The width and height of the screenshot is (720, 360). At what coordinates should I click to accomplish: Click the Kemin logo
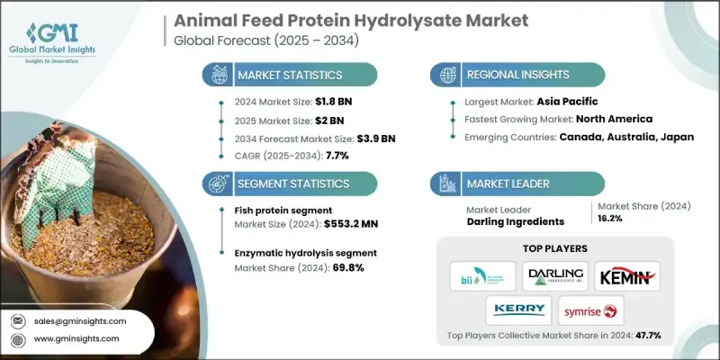click(x=627, y=275)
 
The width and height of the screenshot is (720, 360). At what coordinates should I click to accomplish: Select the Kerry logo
click(x=519, y=309)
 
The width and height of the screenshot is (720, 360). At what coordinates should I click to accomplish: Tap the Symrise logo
click(x=589, y=310)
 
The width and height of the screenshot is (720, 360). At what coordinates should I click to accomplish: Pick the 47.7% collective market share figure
click(x=643, y=335)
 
